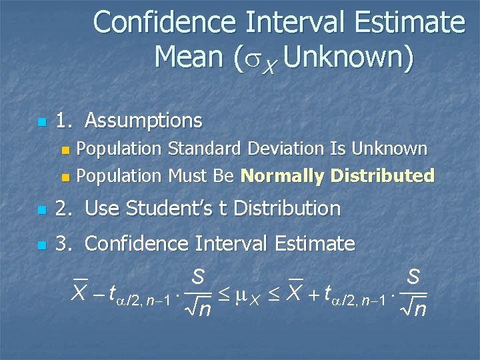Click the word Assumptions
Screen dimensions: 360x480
[143, 121]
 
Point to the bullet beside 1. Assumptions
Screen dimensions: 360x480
[41, 123]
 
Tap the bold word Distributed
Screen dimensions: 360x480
[383, 176]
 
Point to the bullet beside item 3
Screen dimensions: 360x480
[41, 245]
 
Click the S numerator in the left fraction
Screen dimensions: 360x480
[197, 275]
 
